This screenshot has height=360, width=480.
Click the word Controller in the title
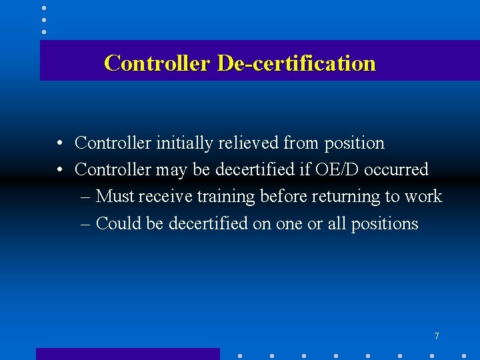(157, 63)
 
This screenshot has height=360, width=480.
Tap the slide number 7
(437, 336)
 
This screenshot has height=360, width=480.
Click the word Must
(115, 197)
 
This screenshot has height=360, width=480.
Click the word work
(423, 197)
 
